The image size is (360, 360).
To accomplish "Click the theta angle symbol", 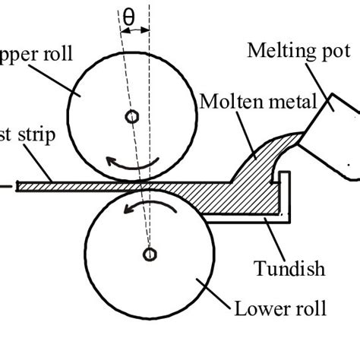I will (128, 14).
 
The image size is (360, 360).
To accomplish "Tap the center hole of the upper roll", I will (132, 116).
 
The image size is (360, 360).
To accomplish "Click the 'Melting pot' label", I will (298, 51).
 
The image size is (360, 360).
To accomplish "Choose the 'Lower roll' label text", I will (280, 308).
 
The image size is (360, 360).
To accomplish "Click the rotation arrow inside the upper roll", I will (133, 160).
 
